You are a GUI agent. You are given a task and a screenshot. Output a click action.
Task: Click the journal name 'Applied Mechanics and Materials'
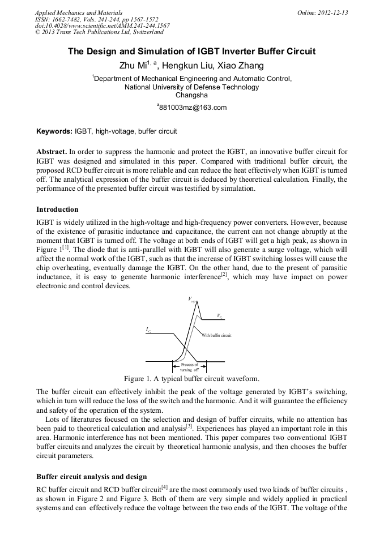coord(78,12)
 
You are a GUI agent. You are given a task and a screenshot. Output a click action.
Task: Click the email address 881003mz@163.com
coord(192,108)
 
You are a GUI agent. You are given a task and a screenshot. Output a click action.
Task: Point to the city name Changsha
coord(191,95)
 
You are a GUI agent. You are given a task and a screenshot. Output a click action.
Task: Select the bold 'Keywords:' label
coord(54,131)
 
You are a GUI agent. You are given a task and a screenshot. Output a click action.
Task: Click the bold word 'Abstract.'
coord(52,152)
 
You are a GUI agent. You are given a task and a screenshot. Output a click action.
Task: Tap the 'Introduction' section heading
coord(57,209)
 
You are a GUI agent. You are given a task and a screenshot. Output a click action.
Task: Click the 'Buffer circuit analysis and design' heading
coord(91,476)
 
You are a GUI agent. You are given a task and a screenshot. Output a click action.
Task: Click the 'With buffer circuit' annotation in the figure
coord(216,335)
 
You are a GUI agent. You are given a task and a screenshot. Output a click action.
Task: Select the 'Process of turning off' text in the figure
coord(189,367)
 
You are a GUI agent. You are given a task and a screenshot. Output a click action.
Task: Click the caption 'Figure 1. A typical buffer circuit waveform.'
coord(191,378)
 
